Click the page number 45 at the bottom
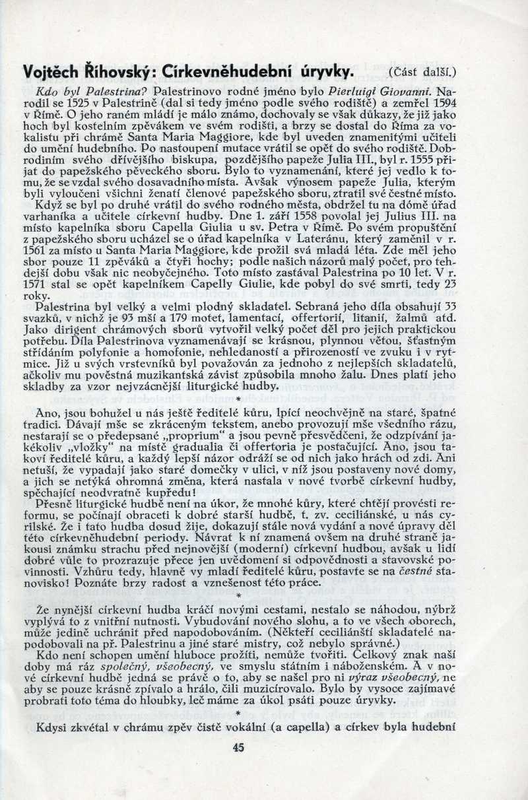239,748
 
